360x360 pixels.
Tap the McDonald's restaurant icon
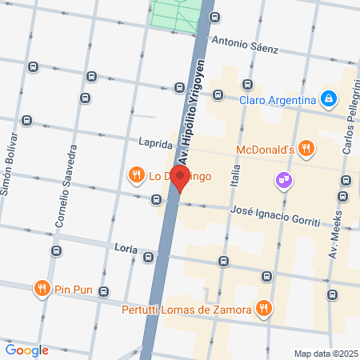tap(307, 148)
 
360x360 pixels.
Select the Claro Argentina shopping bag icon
tap(327, 99)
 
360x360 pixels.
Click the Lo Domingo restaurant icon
tap(137, 174)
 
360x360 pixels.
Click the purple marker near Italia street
tap(283, 179)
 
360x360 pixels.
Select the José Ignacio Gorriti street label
tap(274, 214)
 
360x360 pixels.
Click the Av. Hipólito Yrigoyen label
tap(191, 112)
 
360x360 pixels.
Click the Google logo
tap(27, 350)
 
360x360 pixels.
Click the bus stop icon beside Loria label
tap(149, 257)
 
